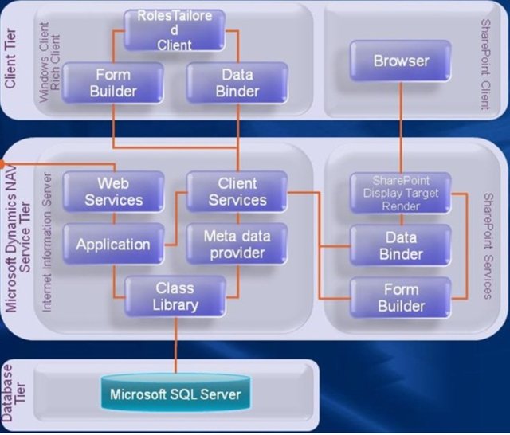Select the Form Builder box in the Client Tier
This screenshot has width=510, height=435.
click(112, 83)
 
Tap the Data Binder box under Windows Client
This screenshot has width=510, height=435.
click(237, 83)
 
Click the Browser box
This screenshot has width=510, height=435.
click(401, 61)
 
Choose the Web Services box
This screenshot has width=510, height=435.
click(113, 192)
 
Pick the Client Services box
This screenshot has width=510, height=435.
click(237, 192)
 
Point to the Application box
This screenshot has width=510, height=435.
click(113, 245)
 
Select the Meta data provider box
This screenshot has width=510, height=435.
click(237, 245)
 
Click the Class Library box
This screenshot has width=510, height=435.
click(175, 296)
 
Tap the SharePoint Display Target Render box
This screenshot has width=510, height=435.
click(401, 192)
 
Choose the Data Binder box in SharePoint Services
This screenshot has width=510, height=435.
click(401, 245)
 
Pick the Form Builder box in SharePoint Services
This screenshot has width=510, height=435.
click(401, 297)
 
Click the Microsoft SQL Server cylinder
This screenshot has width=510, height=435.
click(175, 394)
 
